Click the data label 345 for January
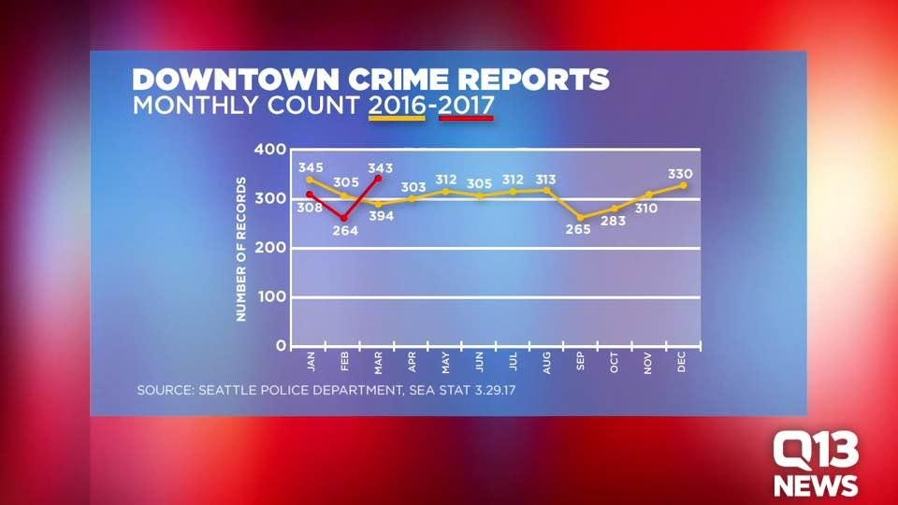[311, 167]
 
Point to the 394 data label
[381, 216]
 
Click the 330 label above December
[680, 174]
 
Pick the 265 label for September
[578, 230]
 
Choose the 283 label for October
[613, 221]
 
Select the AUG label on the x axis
[547, 362]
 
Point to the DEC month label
[682, 362]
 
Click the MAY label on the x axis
[446, 362]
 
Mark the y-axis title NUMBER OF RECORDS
[240, 249]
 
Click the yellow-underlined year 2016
[398, 104]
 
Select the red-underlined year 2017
[465, 104]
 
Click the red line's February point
[344, 218]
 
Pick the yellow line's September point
[581, 218]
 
